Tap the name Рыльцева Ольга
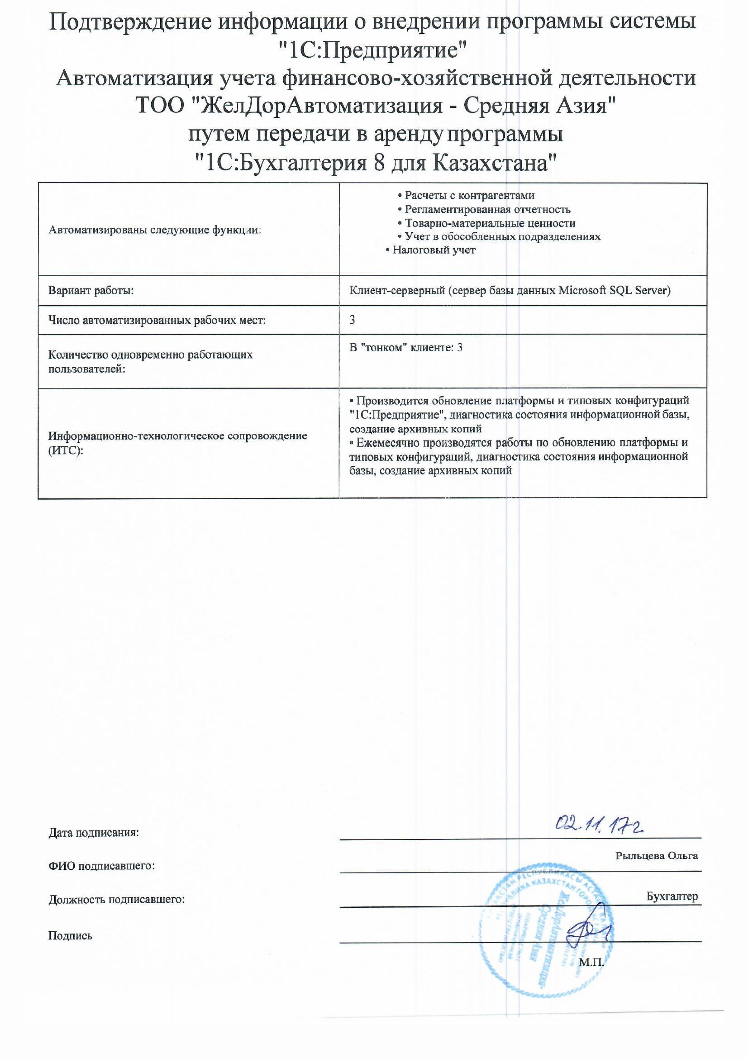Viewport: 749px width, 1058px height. (656, 856)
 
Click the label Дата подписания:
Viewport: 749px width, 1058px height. (94, 833)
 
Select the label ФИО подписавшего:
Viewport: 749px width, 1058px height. (101, 866)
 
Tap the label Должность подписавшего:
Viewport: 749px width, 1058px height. (116, 899)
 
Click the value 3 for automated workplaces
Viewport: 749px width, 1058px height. (352, 320)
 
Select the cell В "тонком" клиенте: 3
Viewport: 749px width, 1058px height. (406, 348)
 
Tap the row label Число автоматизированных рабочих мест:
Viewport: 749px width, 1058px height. (157, 320)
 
